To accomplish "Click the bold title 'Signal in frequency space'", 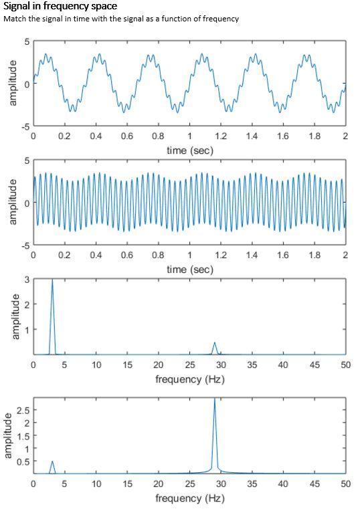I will click(60, 7).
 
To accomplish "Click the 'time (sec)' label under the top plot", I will click(189, 150).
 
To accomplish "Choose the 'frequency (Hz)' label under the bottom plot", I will click(189, 498).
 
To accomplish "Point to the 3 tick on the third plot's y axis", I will click(25, 280).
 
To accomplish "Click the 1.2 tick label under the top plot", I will click(221, 136).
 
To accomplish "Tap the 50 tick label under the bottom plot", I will click(345, 484).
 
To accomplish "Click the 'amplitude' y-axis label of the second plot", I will click(12, 202).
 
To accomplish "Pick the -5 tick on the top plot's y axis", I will click(23, 126).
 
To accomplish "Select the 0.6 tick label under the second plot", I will click(127, 255).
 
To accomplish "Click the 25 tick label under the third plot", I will click(189, 365).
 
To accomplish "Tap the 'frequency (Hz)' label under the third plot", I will click(189, 379).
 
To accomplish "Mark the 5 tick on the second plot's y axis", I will click(25, 161).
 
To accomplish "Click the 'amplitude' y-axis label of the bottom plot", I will click(9, 435).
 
